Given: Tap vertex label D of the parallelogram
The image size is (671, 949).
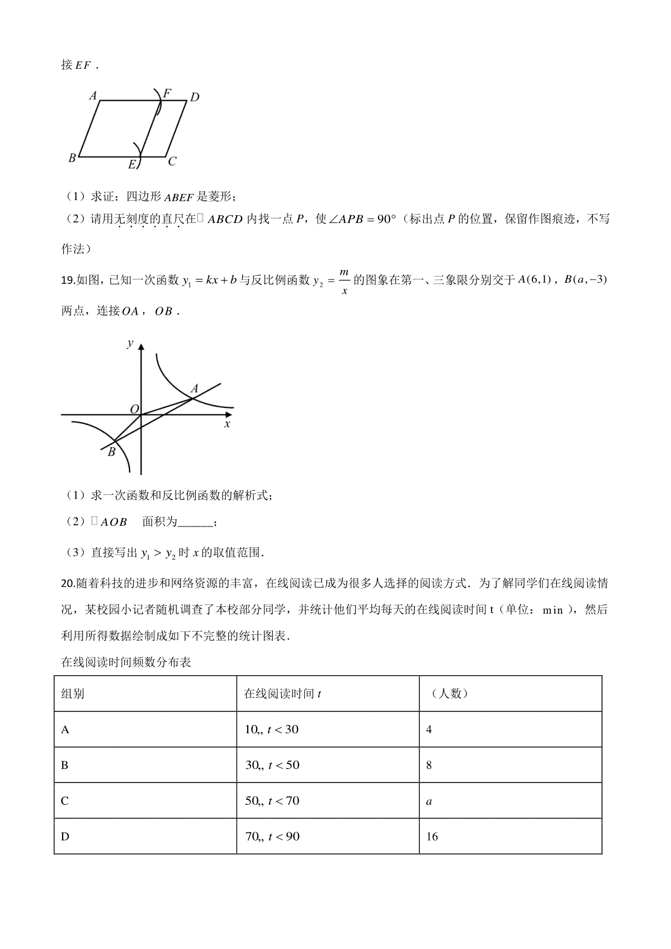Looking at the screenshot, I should point(195,98).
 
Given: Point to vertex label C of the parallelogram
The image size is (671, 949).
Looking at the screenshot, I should point(172,162).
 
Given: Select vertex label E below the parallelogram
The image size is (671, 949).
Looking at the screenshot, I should point(132,164).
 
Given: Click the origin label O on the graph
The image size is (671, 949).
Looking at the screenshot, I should point(134,410).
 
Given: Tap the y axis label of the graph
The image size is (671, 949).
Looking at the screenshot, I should point(130,343).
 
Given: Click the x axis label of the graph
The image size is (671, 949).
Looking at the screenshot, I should point(227,424).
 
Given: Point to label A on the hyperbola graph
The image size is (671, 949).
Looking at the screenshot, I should point(195,388).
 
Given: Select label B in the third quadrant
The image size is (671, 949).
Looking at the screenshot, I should point(111,452).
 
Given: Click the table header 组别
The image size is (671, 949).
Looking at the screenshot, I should point(73,694).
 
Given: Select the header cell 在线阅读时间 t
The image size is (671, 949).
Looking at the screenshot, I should point(282,694).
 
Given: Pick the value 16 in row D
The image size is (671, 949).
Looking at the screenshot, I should point(432,837).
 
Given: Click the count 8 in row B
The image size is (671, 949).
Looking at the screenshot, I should point(429,765).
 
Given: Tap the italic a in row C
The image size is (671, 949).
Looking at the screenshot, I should point(429,801).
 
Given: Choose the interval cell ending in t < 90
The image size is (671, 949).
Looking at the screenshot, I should point(272,837).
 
